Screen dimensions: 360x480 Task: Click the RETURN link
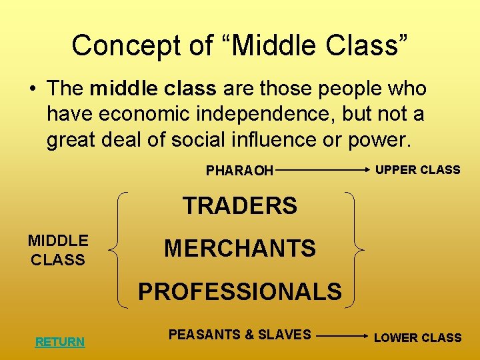point(60,342)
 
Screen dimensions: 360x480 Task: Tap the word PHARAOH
point(239,171)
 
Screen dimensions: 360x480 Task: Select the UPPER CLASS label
point(417,169)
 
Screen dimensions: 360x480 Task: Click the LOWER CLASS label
point(417,337)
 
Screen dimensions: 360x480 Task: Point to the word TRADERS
point(240,206)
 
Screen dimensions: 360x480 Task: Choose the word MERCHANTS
point(240,249)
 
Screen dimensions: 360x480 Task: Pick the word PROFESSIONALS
point(240,291)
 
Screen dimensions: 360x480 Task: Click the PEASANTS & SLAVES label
point(239,335)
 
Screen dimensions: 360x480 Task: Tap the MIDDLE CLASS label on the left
point(57,250)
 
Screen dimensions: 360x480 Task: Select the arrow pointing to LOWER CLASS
point(341,337)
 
